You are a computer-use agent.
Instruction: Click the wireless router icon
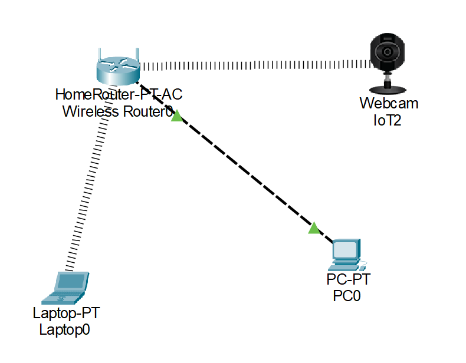(119, 70)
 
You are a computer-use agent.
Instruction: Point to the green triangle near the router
(176, 116)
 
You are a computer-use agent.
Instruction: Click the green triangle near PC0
(314, 228)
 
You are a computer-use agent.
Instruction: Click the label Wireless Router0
(117, 111)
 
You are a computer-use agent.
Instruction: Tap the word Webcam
(389, 104)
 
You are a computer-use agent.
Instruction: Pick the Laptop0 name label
(64, 329)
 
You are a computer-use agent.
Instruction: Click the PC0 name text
(346, 295)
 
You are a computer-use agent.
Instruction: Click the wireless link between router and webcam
(254, 63)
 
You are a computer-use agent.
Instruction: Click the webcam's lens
(388, 52)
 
